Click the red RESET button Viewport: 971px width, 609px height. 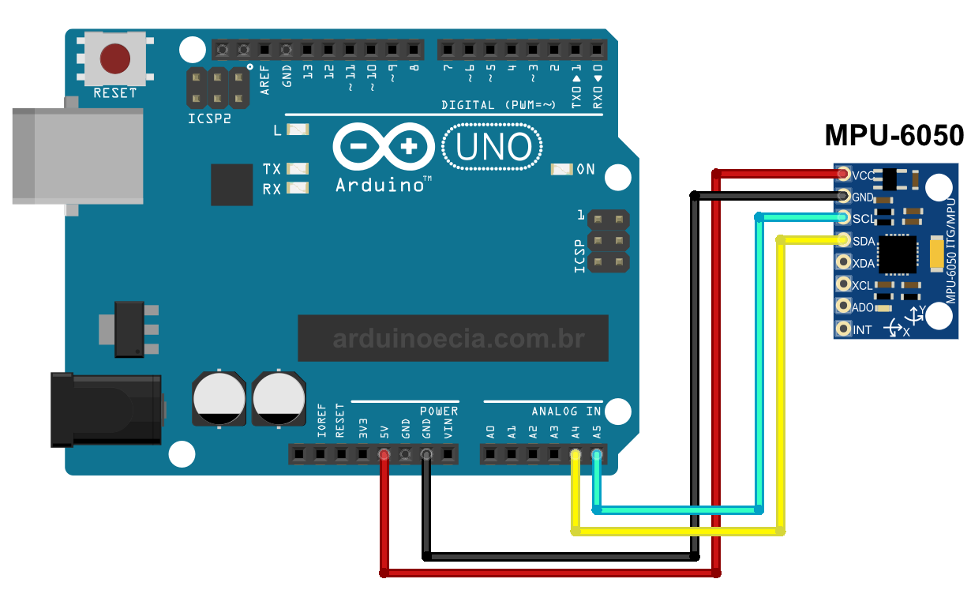[115, 58]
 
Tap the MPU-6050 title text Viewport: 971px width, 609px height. [894, 135]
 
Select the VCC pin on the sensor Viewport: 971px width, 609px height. [844, 174]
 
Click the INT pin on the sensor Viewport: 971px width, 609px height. [844, 329]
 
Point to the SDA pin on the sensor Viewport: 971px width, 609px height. [844, 240]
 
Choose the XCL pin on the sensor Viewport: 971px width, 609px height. [844, 284]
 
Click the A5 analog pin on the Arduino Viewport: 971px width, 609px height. [597, 454]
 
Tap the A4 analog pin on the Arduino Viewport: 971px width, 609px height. [575, 454]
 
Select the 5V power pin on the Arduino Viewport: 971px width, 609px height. [384, 454]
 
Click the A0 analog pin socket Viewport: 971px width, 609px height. [490, 454]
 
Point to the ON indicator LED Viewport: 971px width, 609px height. [561, 169]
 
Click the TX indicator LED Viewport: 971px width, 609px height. [298, 168]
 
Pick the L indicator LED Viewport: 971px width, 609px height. [298, 130]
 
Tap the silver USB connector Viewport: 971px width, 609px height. [77, 156]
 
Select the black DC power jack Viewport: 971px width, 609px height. [106, 410]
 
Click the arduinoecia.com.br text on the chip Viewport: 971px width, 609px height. [458, 340]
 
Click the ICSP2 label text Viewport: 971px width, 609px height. [210, 119]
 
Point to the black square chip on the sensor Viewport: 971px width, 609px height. [898, 254]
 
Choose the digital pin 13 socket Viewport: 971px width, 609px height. [307, 51]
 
